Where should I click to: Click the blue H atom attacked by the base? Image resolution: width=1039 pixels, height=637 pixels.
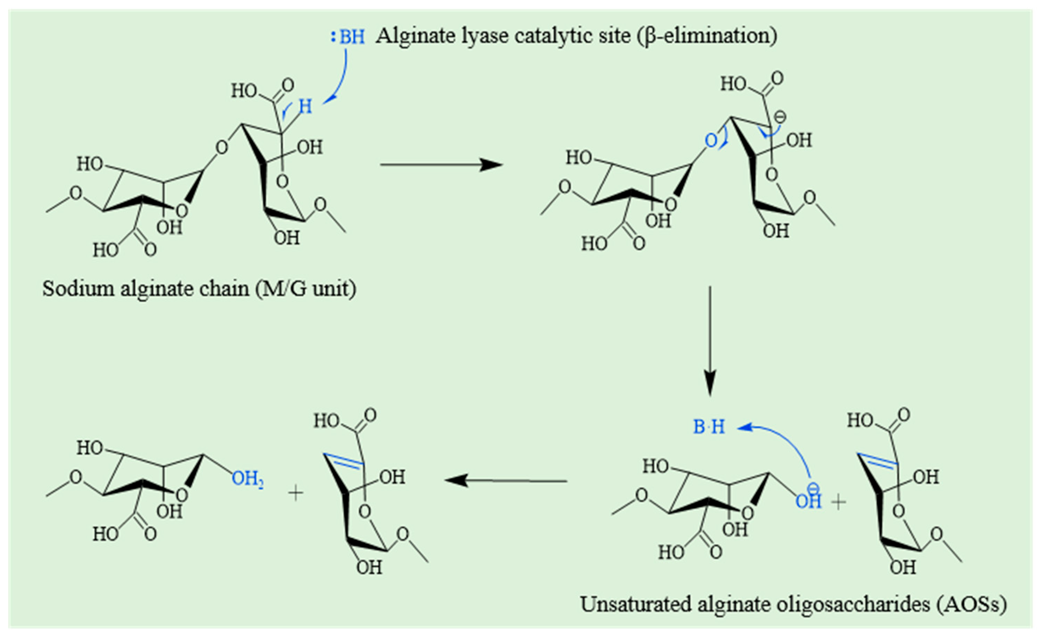pos(305,107)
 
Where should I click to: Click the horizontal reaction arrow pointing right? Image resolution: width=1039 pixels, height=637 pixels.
pos(441,164)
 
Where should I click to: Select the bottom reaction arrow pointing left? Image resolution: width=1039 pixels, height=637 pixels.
pos(506,481)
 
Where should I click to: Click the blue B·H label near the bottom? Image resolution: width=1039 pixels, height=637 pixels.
pos(709,427)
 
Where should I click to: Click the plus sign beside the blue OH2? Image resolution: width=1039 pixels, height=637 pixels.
pos(296,493)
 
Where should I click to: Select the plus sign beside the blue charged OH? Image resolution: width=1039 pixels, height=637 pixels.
pos(839,502)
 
